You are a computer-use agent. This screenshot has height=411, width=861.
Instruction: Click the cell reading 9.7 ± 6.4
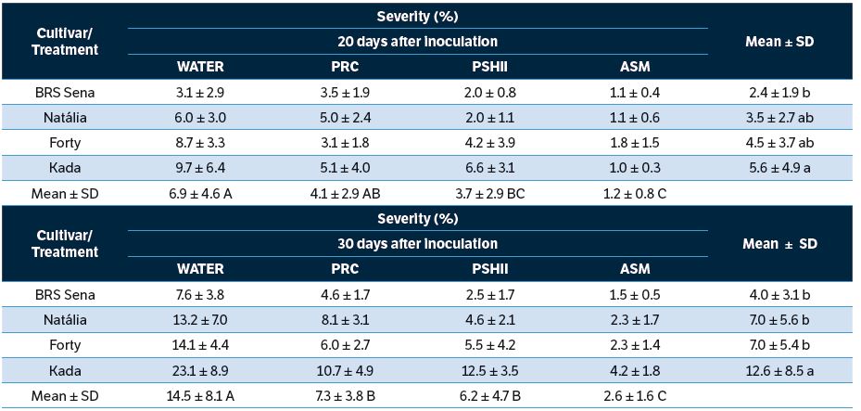[200, 168]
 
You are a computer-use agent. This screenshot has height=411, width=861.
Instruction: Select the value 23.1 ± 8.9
[200, 370]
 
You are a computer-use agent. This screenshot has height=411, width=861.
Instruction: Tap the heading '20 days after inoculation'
[417, 41]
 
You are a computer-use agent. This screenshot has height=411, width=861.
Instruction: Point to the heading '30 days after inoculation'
[417, 243]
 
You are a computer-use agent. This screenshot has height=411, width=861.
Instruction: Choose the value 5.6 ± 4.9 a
[779, 168]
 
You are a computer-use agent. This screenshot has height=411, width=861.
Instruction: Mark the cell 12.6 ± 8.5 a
[779, 370]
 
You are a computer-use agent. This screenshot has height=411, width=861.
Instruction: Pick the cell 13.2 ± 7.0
[200, 320]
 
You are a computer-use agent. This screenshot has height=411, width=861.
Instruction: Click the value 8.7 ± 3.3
[200, 143]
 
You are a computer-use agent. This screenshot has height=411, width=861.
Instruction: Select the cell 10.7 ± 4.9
[346, 370]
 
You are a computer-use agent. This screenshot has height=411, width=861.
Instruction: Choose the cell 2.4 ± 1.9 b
[779, 92]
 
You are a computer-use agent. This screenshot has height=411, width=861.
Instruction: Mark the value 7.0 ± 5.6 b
[779, 320]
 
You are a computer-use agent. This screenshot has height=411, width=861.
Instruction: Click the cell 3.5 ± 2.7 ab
[779, 118]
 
